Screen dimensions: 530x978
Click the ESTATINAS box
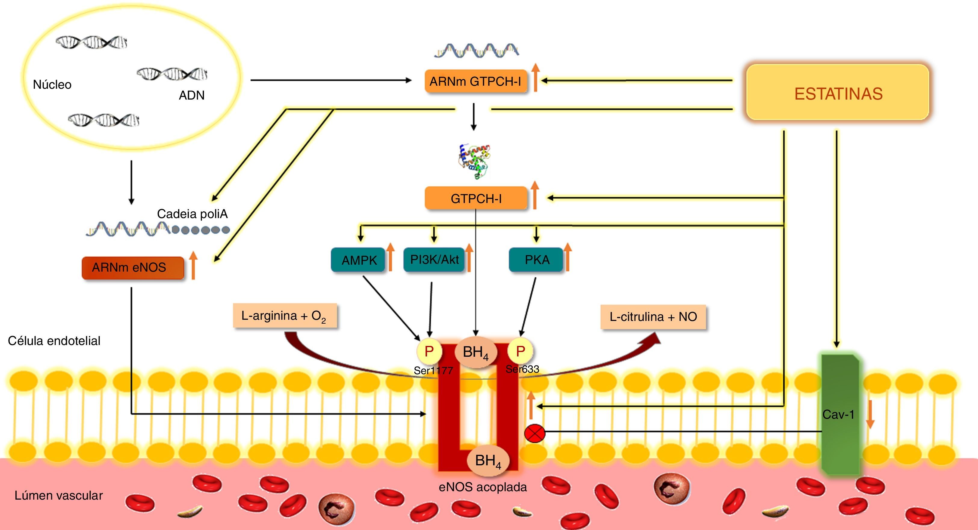837,93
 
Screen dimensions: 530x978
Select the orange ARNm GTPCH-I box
475,81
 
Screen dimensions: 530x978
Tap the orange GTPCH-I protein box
476,198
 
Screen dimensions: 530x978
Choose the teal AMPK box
358,260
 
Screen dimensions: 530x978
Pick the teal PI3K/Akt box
434,260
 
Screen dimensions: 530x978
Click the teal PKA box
536,260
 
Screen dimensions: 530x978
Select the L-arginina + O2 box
285,316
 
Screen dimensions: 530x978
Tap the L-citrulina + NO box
653,316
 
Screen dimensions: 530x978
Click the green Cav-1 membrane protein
840,414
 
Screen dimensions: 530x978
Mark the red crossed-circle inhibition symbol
534,433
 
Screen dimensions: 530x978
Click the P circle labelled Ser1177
429,351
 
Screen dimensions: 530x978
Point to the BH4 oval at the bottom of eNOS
488,461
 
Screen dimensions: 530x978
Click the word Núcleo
52,84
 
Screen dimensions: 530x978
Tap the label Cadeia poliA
192,214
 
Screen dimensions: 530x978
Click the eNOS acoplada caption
483,487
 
